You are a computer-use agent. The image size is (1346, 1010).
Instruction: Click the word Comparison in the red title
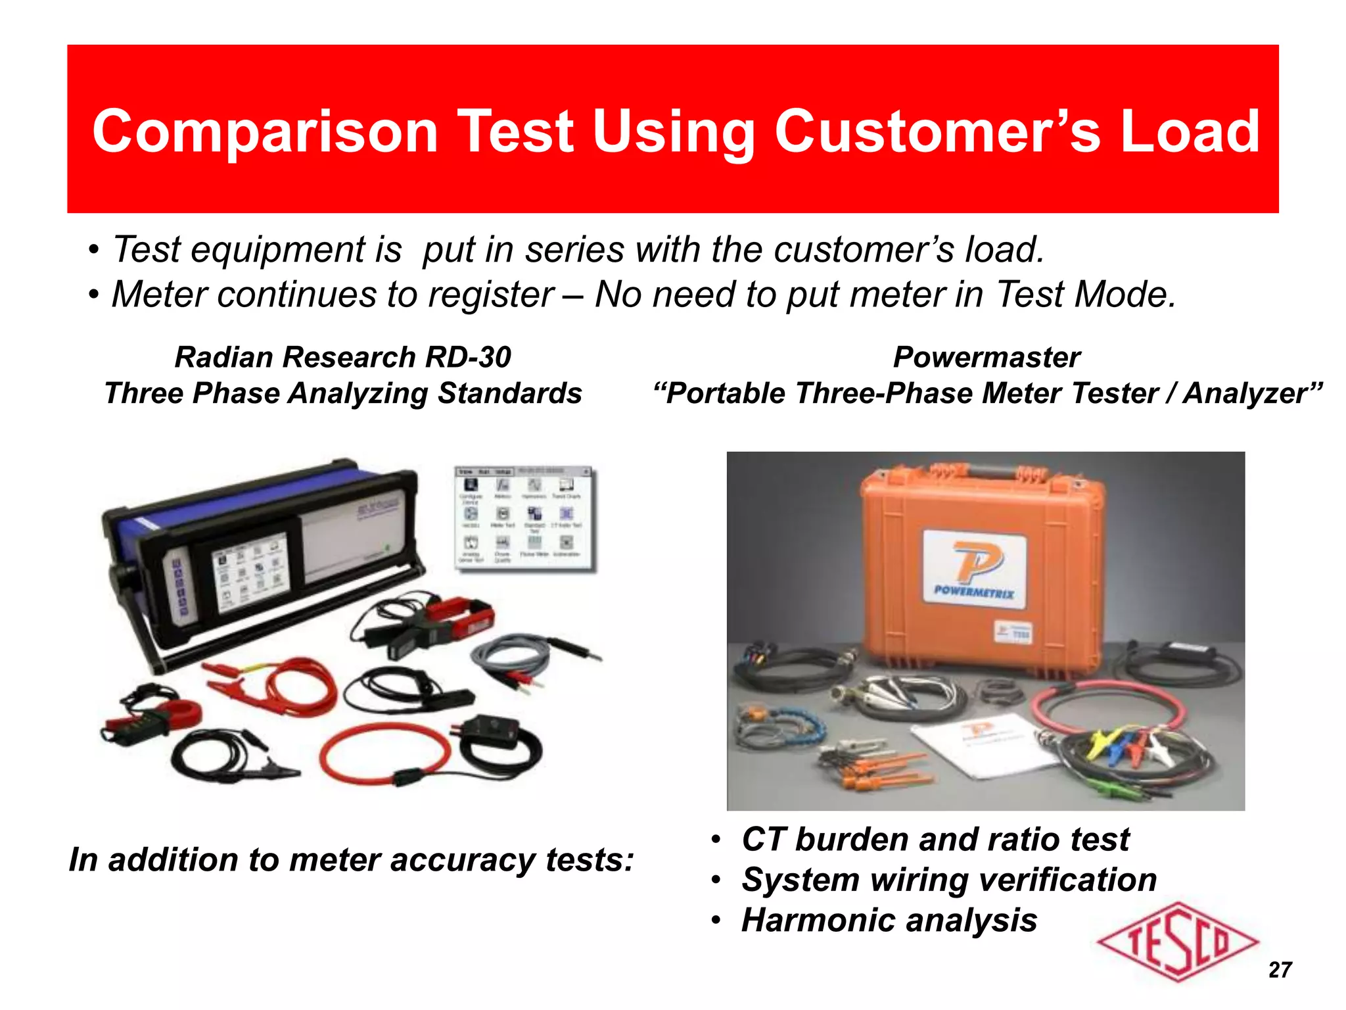click(265, 132)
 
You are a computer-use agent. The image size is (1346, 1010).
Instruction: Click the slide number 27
click(1280, 969)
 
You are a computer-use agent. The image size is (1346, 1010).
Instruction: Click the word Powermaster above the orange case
click(986, 358)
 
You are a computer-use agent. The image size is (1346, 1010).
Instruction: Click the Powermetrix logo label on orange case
click(975, 569)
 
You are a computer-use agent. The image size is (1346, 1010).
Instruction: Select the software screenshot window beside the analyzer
click(524, 517)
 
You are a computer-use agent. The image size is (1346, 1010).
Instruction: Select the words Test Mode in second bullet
click(1084, 295)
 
